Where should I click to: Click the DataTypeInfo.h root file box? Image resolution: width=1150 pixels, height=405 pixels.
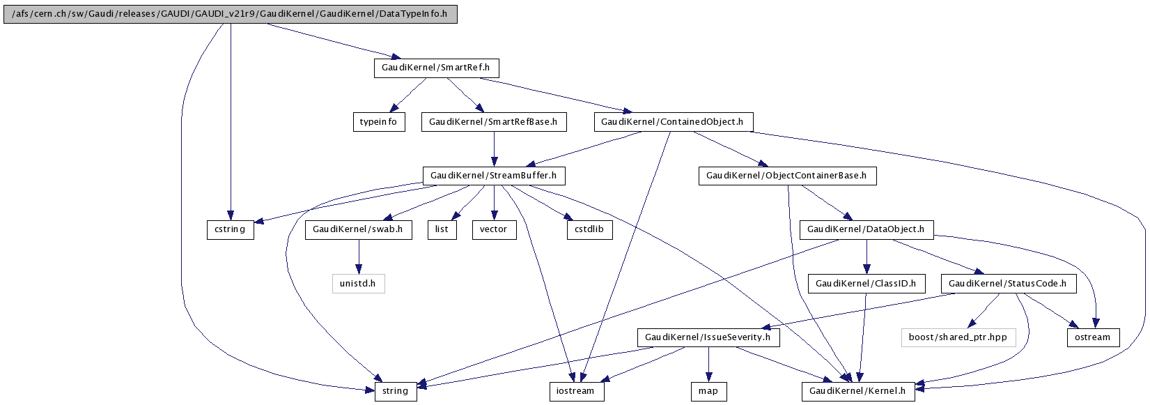coord(230,14)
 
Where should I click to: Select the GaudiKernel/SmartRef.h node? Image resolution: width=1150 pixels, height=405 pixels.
coord(436,68)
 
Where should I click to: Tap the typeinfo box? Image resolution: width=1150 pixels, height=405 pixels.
coord(379,122)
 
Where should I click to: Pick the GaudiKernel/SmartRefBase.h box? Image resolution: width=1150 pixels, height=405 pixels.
coord(494,122)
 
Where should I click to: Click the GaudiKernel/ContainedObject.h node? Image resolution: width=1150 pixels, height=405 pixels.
coord(674,122)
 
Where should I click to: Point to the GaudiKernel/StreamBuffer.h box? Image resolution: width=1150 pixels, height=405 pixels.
coord(494,176)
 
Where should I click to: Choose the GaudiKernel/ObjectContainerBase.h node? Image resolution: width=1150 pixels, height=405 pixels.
coord(788,176)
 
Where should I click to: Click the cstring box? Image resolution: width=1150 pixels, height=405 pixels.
coord(231,230)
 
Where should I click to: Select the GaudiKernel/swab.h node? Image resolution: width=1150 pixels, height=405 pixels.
coord(358,230)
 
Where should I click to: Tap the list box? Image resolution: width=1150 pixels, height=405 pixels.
coord(442,230)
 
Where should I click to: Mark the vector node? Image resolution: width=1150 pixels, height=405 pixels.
coord(495,230)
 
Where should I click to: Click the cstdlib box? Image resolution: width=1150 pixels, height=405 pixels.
coord(590,230)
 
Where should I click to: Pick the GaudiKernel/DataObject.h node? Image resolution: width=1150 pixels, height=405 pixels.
coord(867,230)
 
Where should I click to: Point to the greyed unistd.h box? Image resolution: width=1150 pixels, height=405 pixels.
coord(358,284)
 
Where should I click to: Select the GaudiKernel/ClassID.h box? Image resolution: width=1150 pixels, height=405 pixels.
coord(867,284)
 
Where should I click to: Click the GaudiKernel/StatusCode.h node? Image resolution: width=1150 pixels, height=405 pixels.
coord(1009,284)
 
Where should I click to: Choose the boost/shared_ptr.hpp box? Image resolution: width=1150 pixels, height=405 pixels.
coord(958,337)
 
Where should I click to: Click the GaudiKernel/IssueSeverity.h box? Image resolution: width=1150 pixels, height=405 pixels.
coord(708,337)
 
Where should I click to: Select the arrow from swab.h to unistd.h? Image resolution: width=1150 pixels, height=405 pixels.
coord(359,257)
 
